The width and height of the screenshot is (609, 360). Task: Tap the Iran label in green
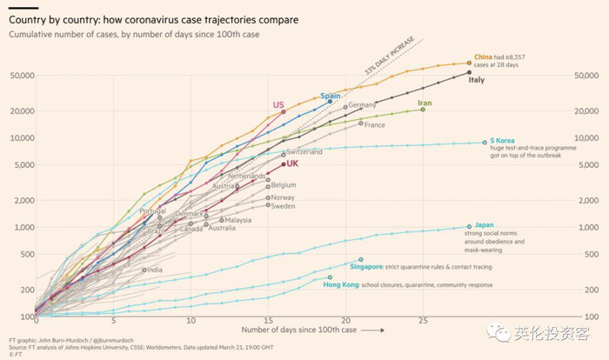tap(425, 103)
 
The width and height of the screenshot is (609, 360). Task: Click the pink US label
tap(278, 105)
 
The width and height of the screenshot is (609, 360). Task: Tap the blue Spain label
tap(331, 96)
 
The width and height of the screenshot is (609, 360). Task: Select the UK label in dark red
tap(293, 163)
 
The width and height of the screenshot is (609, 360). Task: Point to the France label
tap(374, 124)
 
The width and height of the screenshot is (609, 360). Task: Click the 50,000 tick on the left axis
tap(19, 76)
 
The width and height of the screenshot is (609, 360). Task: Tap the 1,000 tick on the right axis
tap(588, 228)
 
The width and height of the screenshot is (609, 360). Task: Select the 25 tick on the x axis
tap(423, 322)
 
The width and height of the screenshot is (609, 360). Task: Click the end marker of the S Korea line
tap(485, 143)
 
